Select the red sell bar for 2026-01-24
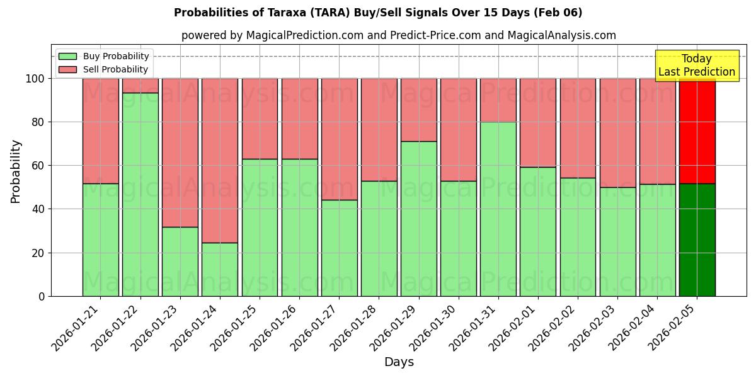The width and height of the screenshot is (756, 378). [220, 160]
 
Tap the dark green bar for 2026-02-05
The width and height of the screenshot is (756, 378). [697, 239]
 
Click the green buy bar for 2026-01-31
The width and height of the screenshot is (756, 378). [498, 209]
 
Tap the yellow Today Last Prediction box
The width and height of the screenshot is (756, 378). [697, 66]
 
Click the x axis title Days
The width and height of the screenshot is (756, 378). [399, 362]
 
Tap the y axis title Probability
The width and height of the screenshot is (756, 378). [16, 171]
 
